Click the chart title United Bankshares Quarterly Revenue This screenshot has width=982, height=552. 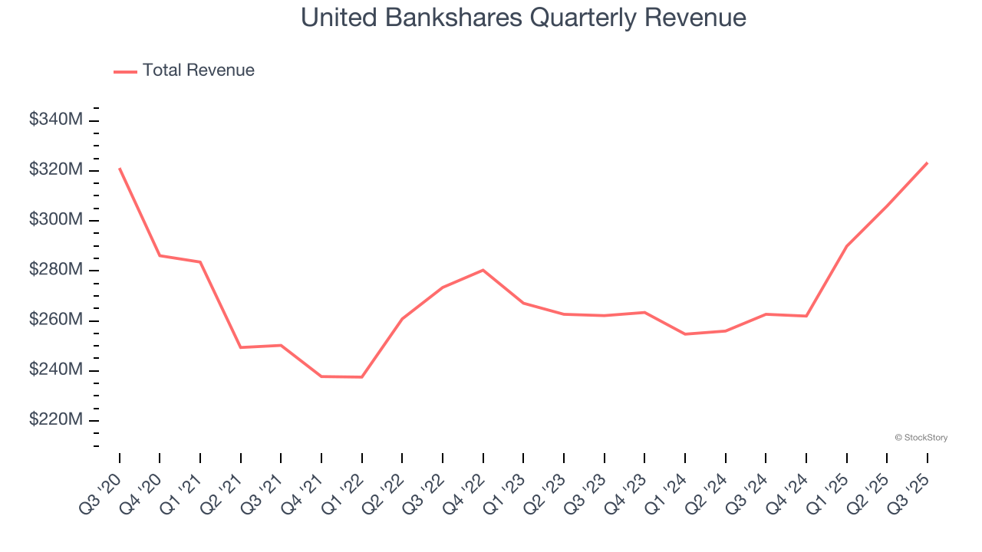tap(523, 18)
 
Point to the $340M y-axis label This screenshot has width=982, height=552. tap(56, 120)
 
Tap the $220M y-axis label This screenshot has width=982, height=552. tap(56, 420)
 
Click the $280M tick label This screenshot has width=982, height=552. tap(56, 270)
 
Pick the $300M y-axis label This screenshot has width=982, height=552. tap(56, 220)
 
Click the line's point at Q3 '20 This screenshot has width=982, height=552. tap(120, 169)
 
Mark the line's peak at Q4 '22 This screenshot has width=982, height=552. tap(483, 270)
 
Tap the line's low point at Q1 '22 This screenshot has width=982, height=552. tap(362, 377)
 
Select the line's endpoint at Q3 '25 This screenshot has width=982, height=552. tap(927, 163)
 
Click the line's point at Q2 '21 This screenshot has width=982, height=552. tap(241, 347)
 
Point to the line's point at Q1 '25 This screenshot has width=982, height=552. tap(846, 246)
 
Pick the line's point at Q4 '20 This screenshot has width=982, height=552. tap(160, 255)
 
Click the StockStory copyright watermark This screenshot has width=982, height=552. tap(921, 438)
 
